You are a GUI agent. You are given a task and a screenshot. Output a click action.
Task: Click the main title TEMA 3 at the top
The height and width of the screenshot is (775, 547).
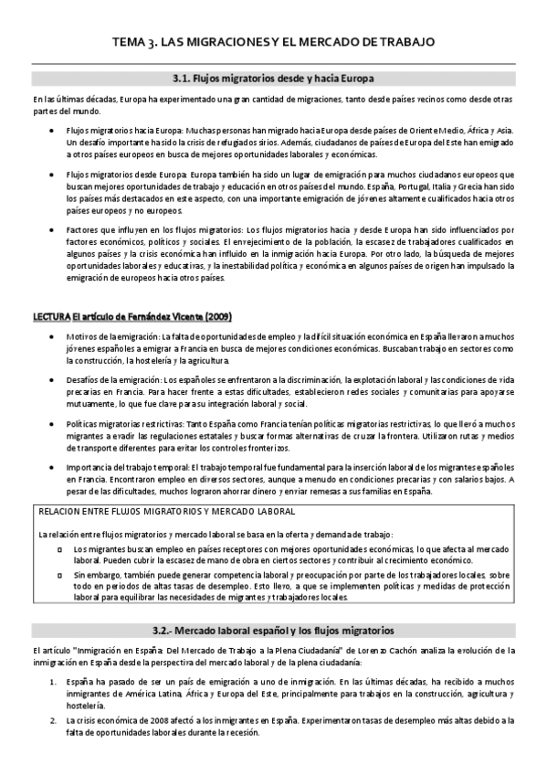tap(273, 42)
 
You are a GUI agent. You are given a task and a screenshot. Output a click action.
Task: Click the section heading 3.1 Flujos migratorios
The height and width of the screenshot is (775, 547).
tap(273, 79)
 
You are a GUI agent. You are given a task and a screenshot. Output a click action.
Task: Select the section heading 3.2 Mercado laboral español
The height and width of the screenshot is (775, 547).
tap(273, 631)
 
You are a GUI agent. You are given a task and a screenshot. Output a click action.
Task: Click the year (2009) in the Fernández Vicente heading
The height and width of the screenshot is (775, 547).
tap(216, 316)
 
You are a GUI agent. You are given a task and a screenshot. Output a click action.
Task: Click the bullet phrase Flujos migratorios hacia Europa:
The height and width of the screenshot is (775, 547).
tap(116, 131)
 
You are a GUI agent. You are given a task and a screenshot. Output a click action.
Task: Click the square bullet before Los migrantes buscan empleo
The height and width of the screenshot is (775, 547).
tap(59, 548)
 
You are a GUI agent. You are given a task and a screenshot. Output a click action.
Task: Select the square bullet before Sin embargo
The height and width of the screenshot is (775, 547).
tap(59, 575)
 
